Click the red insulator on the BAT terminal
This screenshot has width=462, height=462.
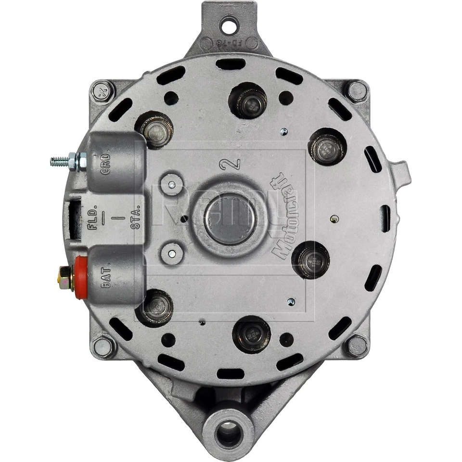[x=81, y=277]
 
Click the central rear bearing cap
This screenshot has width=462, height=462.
[x=230, y=219]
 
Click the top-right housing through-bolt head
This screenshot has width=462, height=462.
[x=357, y=91]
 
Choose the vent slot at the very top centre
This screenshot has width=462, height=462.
[x=231, y=64]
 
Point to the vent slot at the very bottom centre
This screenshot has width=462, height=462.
[x=231, y=374]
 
